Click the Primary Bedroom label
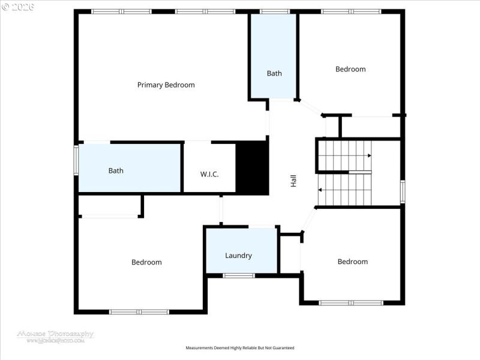[x=166, y=85]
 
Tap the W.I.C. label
[x=209, y=174]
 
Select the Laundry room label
[x=238, y=256]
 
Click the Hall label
[x=293, y=181]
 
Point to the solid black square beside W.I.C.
[x=251, y=168]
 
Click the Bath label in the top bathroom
[x=274, y=73]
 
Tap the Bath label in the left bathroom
[x=116, y=170]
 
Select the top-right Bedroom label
[x=350, y=69]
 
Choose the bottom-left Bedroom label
[x=146, y=262]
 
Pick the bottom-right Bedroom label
[x=352, y=262]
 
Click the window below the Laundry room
[x=239, y=275]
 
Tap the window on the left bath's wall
[x=76, y=160]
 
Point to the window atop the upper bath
[x=274, y=11]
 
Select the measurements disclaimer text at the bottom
[x=240, y=348]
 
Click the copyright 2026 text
[x=18, y=7]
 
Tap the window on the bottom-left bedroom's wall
[x=139, y=311]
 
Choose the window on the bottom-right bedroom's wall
[x=351, y=302]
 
